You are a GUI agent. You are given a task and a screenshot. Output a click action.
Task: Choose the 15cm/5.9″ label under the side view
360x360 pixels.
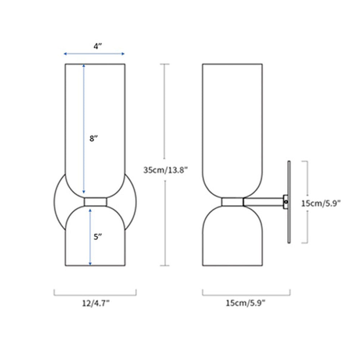tap(246, 303)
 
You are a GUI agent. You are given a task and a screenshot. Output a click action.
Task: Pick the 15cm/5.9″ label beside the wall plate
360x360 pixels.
tap(321, 203)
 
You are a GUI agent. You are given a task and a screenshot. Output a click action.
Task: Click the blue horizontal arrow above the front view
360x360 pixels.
tap(94, 54)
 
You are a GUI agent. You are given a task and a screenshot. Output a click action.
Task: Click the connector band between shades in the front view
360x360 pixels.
tap(95, 202)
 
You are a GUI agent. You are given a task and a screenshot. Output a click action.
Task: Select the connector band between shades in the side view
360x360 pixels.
tap(232, 202)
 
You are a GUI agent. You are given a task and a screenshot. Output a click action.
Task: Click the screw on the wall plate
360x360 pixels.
tap(286, 202)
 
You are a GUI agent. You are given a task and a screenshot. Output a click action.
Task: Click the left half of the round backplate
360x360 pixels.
tap(59, 202)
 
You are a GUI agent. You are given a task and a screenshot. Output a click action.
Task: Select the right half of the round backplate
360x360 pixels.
tap(131, 202)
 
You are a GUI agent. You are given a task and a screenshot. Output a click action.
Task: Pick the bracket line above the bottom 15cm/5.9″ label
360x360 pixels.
tap(246, 294)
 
